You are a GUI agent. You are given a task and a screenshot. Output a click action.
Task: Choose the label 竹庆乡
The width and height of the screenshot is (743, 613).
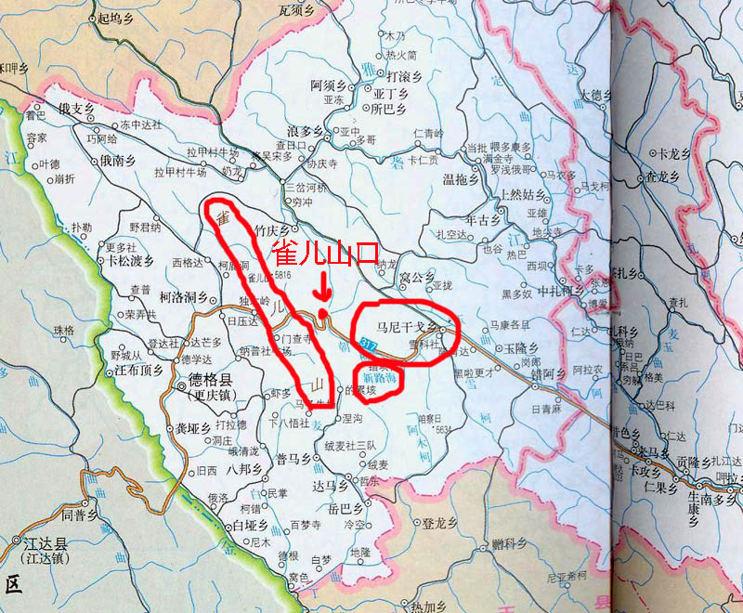point(272,227)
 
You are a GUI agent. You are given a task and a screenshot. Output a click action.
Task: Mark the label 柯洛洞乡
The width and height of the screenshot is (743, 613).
point(182,297)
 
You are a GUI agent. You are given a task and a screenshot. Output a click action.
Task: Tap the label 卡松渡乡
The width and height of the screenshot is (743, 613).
point(128,261)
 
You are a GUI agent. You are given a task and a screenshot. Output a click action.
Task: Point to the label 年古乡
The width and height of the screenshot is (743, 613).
point(483,220)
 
